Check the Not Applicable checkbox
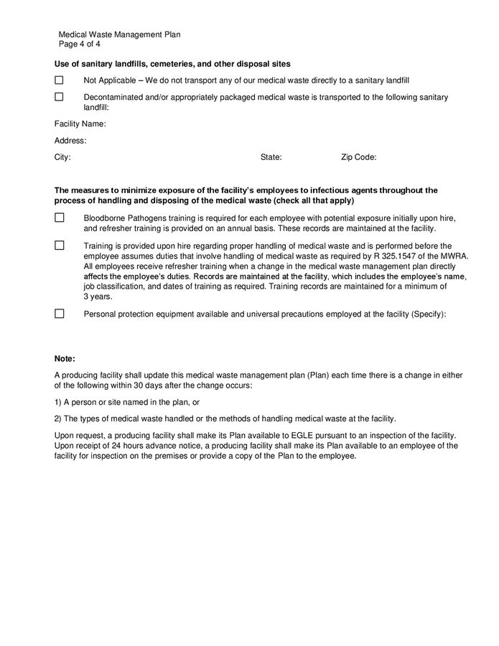[59, 80]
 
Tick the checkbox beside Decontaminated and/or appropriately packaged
[59, 97]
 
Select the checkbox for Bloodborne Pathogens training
[59, 217]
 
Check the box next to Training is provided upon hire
[59, 245]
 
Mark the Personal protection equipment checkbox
[59, 314]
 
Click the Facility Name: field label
[80, 124]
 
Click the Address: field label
[70, 141]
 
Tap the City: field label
[62, 157]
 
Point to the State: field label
[271, 157]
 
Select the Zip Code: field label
[358, 157]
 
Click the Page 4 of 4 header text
[80, 44]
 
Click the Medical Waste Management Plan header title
[119, 34]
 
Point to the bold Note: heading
[65, 358]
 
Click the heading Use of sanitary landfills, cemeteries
[172, 64]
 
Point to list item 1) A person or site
[126, 402]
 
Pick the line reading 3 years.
[98, 296]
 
